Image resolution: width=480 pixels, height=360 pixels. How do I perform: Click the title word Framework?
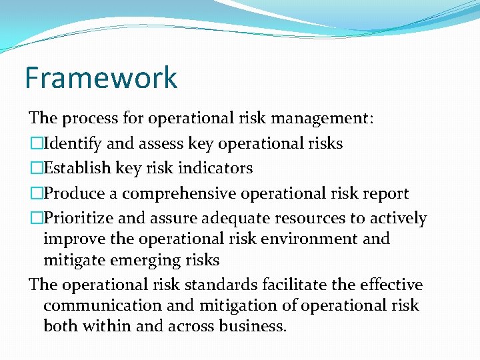(x=101, y=77)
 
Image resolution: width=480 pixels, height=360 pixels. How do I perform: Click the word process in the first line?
(x=89, y=119)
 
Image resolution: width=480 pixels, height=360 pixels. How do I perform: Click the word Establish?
(x=71, y=168)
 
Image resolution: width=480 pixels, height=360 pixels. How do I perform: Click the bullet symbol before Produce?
(x=35, y=193)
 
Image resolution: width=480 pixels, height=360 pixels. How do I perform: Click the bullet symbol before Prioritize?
(x=35, y=218)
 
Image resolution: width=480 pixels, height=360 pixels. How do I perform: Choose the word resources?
(x=335, y=218)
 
